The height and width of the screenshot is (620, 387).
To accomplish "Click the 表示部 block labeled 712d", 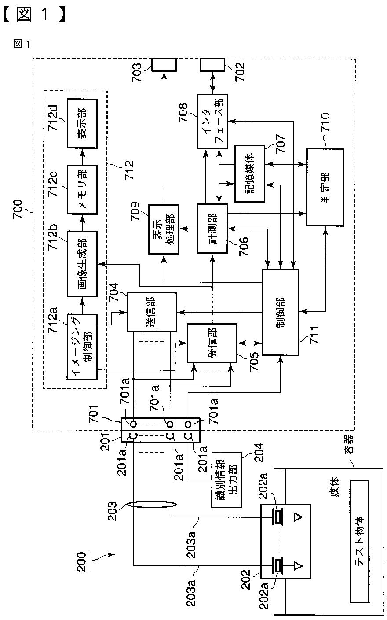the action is [x=82, y=123].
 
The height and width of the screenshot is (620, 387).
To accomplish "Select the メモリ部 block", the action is [x=82, y=190].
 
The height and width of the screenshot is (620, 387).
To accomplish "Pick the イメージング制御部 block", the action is [x=82, y=347].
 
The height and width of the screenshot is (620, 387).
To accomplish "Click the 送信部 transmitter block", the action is [x=151, y=312].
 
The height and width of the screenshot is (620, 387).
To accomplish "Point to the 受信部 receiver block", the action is [x=212, y=343].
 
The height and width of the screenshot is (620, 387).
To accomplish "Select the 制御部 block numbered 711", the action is [x=280, y=312].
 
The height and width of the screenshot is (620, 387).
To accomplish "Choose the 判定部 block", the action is [x=325, y=187].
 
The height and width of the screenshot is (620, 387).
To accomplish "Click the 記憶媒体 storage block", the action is [x=250, y=173].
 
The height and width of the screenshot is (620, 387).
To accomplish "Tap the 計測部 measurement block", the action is [x=212, y=229].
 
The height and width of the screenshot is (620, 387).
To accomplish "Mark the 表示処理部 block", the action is [x=163, y=229].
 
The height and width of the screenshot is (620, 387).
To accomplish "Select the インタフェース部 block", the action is [x=212, y=121].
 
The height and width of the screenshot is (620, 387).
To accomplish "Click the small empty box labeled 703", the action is [x=164, y=65].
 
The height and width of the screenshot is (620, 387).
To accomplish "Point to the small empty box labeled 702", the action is [x=212, y=65].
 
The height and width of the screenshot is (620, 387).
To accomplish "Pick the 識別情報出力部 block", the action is [x=226, y=480].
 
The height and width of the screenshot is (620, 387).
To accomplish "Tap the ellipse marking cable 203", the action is [x=151, y=504].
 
